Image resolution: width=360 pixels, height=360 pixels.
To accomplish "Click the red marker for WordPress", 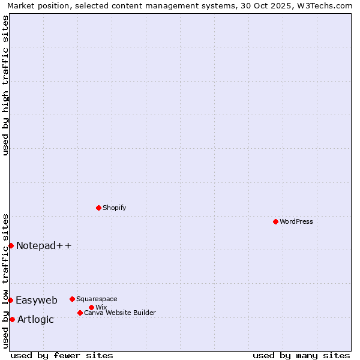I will (x=275, y=221).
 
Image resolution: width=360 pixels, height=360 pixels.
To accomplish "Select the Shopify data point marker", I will (x=98, y=208).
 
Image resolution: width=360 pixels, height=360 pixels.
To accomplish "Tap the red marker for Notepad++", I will (x=11, y=245).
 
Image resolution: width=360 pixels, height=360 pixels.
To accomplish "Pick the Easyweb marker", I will (x=10, y=300).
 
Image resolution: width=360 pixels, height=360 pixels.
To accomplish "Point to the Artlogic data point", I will (x=12, y=319).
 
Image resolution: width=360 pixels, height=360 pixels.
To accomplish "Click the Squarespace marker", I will (x=72, y=299).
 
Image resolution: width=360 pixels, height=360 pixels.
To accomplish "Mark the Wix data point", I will (x=91, y=307).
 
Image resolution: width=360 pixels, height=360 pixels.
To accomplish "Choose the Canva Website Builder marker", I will (x=80, y=313).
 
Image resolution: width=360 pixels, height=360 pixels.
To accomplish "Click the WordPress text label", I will (x=296, y=221).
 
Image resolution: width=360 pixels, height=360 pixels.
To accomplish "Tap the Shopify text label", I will (x=114, y=208).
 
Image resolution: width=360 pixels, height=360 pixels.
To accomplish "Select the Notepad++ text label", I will (x=44, y=245).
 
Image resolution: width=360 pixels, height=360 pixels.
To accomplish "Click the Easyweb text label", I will (x=37, y=300).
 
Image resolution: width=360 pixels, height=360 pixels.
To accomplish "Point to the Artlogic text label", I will (x=35, y=319).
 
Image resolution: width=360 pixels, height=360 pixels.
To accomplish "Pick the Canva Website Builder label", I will (x=120, y=313).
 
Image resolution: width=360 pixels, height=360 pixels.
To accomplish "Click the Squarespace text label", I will (x=97, y=299).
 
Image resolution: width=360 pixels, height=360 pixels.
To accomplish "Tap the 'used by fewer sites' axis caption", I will (x=62, y=355).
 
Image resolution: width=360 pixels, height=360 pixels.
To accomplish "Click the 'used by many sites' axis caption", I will (x=301, y=355).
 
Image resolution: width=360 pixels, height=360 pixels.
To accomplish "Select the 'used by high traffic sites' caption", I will (x=5, y=85).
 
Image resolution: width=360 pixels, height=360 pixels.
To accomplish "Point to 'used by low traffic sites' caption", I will (x=5, y=281).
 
